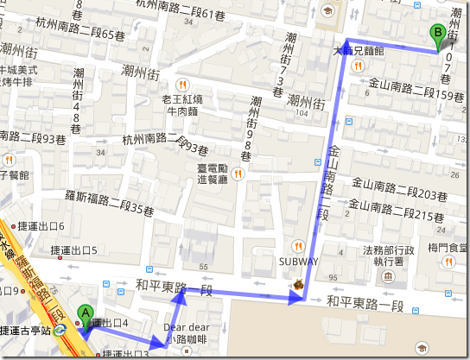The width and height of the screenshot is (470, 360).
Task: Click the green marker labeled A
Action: coord(85,315)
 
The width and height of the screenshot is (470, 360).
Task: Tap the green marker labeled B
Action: coord(438,35)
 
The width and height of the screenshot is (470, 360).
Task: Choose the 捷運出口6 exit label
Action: coord(70,226)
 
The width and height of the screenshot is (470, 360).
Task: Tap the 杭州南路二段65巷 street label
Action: coord(88,35)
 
